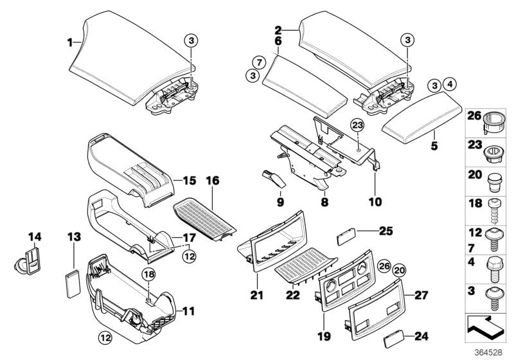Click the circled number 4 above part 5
449,84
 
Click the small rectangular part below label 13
72,281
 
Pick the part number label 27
420,296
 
